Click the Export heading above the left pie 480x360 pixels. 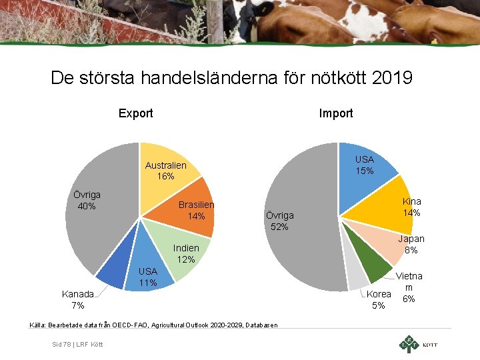(x=135, y=113)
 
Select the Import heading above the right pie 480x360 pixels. (x=336, y=113)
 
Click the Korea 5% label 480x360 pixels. (x=379, y=299)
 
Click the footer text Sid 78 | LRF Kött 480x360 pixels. (x=77, y=343)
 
